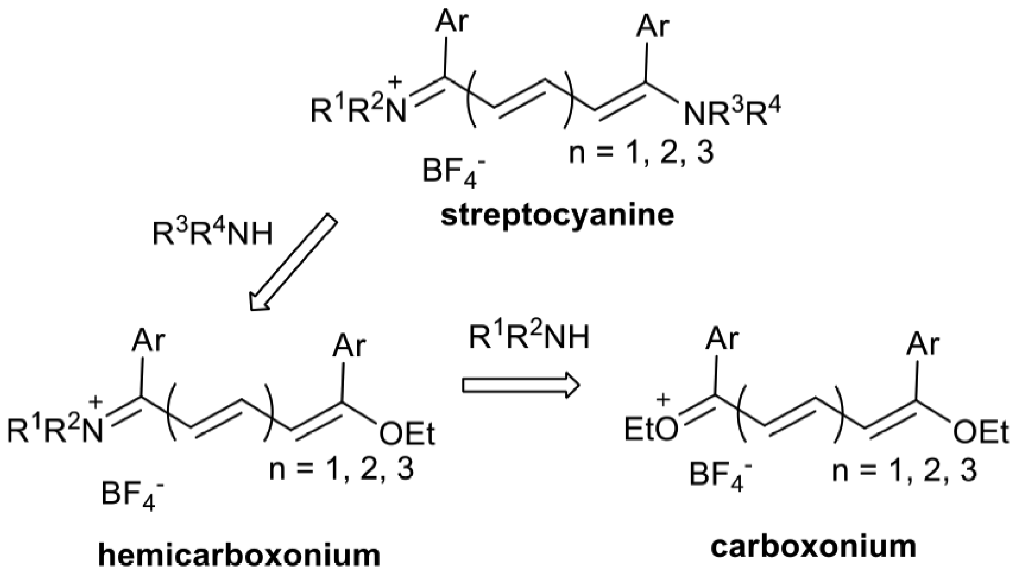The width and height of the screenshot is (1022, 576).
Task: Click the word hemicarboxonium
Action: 239,555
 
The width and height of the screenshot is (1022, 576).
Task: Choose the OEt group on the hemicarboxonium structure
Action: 407,435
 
